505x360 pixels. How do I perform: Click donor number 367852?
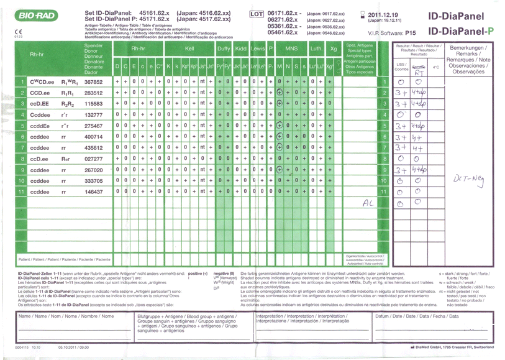(93, 81)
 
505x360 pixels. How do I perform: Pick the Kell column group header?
(189, 48)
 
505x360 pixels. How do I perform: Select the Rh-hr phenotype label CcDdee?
(39, 114)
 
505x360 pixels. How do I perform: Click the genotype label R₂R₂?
(68, 103)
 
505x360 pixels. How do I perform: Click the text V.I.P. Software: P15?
(391, 31)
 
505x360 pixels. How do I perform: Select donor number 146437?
(93, 192)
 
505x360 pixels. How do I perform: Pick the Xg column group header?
(334, 48)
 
